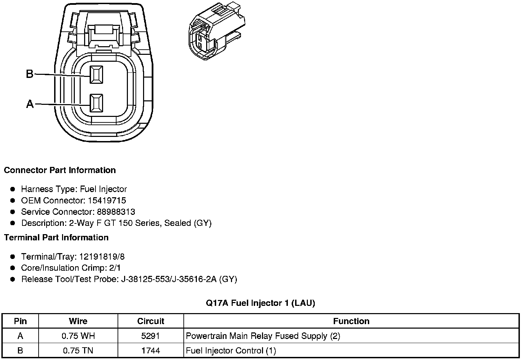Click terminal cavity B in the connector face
(96, 74)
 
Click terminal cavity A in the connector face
(96, 103)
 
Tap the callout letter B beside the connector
(30, 74)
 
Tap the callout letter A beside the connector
(30, 103)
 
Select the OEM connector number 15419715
(107, 200)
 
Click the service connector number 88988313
(116, 212)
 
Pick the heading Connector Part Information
(60, 170)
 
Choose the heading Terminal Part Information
(56, 238)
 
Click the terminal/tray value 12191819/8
(102, 257)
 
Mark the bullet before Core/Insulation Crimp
(13, 268)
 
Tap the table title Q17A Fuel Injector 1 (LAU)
(260, 303)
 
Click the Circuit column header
(151, 321)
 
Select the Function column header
(351, 321)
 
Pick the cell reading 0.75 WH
(78, 336)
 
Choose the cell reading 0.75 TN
(78, 351)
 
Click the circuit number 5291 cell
(151, 336)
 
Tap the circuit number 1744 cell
(151, 351)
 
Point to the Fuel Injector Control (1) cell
(231, 351)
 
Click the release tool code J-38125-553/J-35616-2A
(169, 279)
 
